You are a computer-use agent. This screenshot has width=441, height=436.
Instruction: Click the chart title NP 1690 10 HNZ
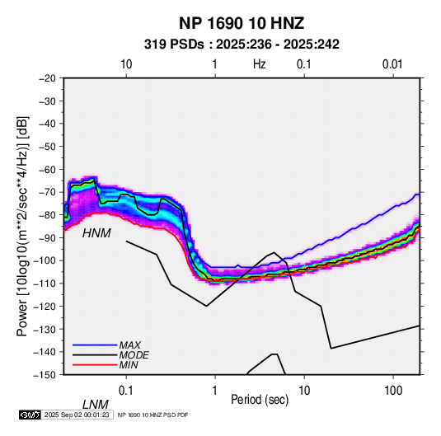tap(242, 23)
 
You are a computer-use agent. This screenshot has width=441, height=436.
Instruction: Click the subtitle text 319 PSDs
tap(174, 45)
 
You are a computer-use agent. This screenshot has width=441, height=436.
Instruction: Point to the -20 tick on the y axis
tap(47, 78)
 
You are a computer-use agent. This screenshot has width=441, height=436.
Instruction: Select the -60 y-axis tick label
tap(47, 169)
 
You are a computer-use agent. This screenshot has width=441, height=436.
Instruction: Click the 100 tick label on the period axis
tap(393, 391)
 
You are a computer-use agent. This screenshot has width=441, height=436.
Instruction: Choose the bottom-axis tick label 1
tap(214, 391)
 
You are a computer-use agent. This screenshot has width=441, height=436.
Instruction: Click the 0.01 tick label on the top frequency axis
tap(392, 64)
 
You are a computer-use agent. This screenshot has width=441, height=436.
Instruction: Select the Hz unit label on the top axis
tap(260, 64)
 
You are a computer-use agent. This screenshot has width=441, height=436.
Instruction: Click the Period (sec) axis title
tap(260, 400)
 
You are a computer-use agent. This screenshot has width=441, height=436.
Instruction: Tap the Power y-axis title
tap(22, 226)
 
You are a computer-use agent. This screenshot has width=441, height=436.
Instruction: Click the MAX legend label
tap(130, 345)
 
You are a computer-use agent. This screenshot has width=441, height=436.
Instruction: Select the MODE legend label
tap(134, 355)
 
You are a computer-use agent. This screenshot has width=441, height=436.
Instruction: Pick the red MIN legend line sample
tap(95, 365)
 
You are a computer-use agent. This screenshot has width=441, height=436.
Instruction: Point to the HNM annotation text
tap(96, 233)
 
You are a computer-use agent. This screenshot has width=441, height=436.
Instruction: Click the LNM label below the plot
tap(96, 405)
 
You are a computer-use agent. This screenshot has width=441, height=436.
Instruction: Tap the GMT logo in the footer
tap(30, 415)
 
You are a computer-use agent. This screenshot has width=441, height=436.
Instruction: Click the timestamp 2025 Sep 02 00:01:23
tap(77, 415)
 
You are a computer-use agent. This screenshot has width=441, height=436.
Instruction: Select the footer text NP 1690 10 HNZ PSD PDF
tap(152, 415)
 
